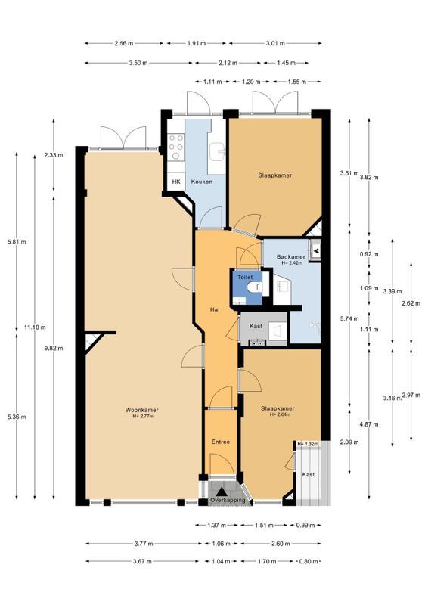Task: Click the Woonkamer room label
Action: (141, 410)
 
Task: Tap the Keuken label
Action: (202, 181)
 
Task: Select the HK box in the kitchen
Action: (176, 181)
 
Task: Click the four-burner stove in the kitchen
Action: (176, 147)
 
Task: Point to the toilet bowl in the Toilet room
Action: (256, 287)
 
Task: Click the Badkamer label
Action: (291, 256)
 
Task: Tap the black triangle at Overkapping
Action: (221, 492)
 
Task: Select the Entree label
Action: (221, 442)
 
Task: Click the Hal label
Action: (215, 309)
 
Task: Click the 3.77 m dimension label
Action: (144, 544)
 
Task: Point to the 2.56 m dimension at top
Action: (124, 43)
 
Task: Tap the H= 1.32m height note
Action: (309, 444)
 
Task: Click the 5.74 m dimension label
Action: (349, 318)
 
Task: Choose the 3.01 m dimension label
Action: (275, 43)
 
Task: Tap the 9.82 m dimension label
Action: (54, 348)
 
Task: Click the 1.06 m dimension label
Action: (221, 544)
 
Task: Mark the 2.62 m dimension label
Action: (411, 303)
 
